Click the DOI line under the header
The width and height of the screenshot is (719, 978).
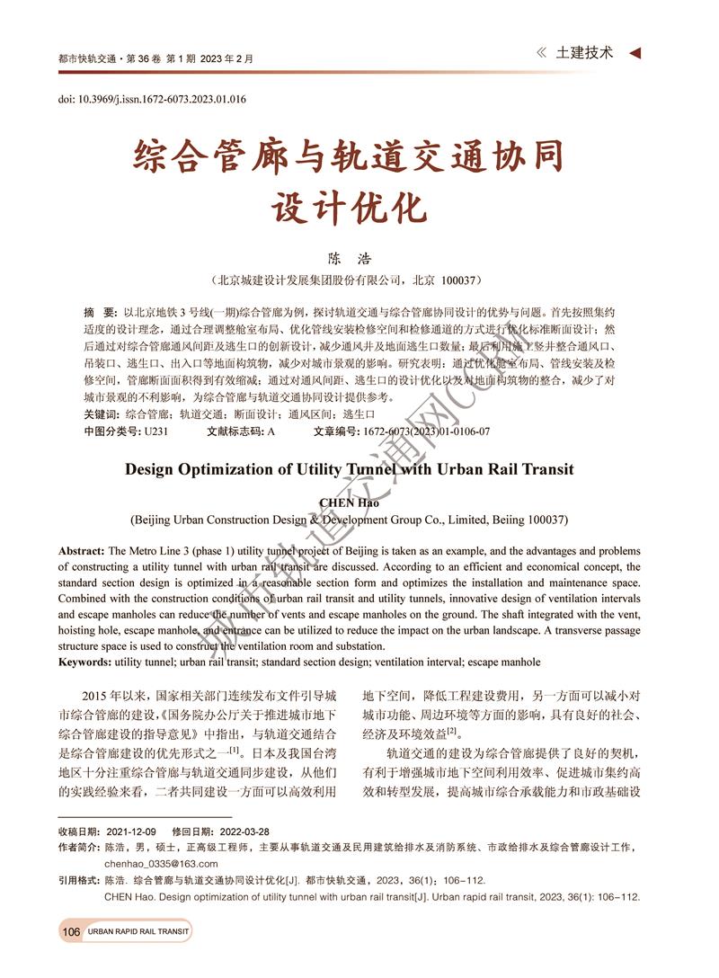[x=152, y=99]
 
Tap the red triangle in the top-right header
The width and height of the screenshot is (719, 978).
[x=635, y=53]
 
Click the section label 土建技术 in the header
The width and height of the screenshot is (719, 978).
[x=585, y=53]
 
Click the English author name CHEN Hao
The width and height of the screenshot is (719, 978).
[x=349, y=502]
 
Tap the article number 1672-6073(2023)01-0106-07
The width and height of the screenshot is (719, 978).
[x=427, y=431]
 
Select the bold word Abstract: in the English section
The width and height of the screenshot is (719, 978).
[x=82, y=550]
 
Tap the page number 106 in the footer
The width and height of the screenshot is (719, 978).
[x=71, y=932]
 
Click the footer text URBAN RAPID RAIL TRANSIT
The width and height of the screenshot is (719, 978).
[x=138, y=932]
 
